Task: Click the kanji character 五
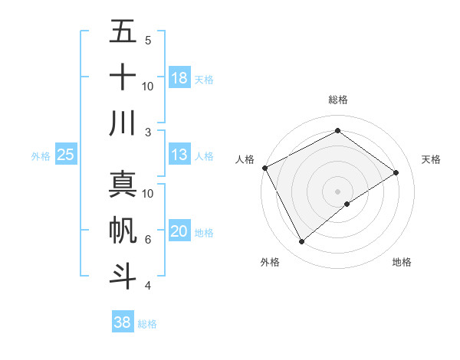123,32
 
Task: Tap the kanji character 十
123,77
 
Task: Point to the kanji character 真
123,185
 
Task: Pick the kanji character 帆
123,230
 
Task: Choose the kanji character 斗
123,275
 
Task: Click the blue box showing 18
179,78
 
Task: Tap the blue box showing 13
179,155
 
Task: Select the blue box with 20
179,231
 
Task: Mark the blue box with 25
66,155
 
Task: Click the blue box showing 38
123,322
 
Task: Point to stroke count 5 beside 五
147,41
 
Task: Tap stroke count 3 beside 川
147,132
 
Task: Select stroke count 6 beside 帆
147,239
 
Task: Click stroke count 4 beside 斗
147,285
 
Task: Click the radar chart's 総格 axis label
337,100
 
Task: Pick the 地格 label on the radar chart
402,262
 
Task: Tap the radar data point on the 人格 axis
264,168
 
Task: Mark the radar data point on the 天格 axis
396,172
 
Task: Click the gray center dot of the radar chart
337,191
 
